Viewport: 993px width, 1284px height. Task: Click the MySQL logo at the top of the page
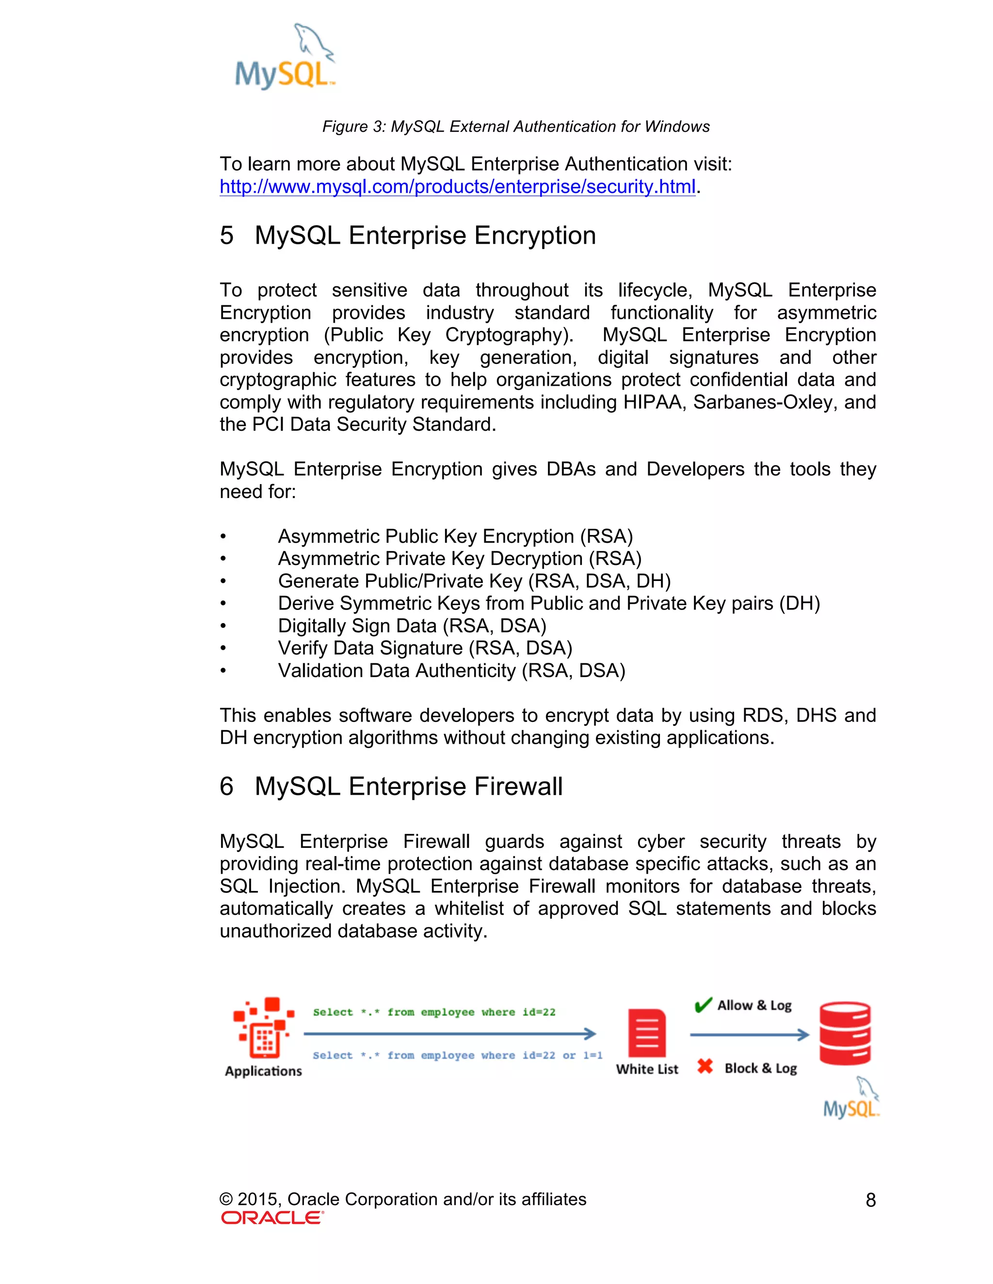285,58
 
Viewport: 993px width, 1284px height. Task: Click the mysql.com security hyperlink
457,187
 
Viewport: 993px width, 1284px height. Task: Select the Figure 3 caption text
515,126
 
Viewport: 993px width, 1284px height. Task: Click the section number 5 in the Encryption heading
226,236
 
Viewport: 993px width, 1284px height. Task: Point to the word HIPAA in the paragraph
654,402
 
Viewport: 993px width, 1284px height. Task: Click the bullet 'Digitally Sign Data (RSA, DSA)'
412,626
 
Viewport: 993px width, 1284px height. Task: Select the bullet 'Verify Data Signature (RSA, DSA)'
425,648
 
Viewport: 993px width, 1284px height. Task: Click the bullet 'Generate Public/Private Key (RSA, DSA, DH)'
474,581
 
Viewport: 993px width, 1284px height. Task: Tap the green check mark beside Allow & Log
703,1005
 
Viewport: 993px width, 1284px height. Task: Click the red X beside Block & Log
705,1066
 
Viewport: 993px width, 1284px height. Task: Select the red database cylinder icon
844,1033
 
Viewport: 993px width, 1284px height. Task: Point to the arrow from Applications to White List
449,1033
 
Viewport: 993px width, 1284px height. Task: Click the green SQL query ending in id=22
434,1012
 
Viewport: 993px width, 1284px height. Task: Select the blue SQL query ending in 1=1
457,1055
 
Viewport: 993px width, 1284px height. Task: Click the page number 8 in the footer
870,1200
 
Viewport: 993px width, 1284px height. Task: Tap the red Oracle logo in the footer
272,1218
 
